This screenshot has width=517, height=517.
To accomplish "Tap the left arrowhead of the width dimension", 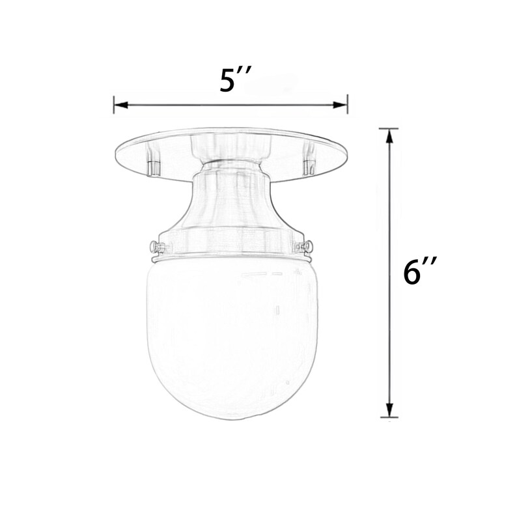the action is (x=121, y=105).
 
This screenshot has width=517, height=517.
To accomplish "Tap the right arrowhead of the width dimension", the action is (x=341, y=105).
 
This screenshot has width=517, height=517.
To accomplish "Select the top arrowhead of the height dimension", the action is (x=390, y=136).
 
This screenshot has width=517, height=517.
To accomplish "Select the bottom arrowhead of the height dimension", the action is (x=390, y=410).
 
